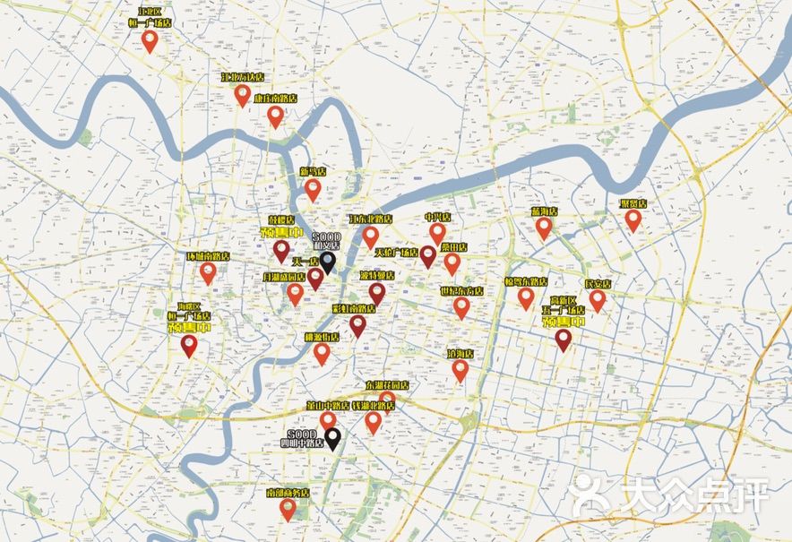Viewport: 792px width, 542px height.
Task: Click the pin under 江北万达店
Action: tap(243, 94)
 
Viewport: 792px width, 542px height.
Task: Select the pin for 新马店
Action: tap(313, 189)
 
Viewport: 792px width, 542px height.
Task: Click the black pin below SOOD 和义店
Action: tap(328, 261)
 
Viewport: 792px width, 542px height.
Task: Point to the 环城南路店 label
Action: tap(208, 256)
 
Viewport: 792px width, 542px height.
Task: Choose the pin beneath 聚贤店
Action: tap(633, 219)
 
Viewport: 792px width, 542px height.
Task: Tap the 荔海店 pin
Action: tap(544, 227)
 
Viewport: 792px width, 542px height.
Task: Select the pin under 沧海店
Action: tap(461, 370)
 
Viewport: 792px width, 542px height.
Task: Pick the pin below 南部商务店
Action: tap(288, 509)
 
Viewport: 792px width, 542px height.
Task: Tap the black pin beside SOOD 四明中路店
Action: tap(332, 438)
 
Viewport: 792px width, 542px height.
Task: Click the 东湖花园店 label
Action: tap(387, 385)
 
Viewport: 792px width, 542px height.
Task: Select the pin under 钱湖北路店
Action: tap(374, 421)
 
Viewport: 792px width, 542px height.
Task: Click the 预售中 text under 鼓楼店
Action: tap(280, 233)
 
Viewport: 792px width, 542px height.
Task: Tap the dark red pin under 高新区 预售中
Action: tap(564, 339)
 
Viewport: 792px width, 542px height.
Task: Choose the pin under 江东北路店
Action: tap(371, 236)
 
